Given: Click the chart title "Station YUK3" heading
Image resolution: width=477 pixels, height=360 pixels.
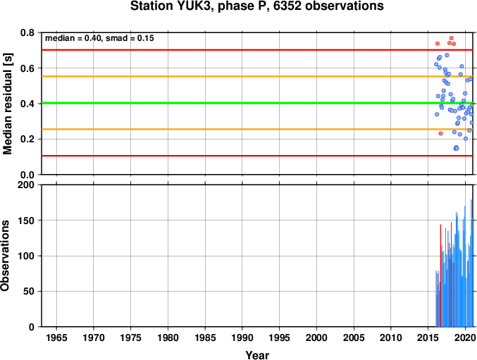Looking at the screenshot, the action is click(x=173, y=6).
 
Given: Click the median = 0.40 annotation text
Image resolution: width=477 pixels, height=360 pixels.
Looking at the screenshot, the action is click(x=73, y=38).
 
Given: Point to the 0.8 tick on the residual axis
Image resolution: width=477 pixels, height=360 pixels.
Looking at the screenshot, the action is click(x=27, y=32).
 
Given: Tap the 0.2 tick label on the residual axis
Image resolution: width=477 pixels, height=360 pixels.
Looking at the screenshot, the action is click(x=27, y=139).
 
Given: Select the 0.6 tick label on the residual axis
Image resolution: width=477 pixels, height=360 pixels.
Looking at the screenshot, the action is click(x=27, y=68).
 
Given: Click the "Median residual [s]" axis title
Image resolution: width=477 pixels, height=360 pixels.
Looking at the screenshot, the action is click(x=7, y=104).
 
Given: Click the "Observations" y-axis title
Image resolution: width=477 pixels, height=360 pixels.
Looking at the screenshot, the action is click(x=5, y=256).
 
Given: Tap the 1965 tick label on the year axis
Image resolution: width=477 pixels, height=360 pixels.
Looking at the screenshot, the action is click(x=56, y=337).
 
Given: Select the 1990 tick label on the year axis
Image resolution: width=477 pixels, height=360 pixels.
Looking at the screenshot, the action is click(x=242, y=337).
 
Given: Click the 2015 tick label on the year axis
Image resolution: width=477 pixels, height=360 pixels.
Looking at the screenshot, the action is click(x=428, y=337).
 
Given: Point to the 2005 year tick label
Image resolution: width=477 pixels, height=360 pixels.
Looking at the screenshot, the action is click(x=354, y=337).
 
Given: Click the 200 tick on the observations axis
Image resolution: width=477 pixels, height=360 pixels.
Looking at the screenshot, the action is click(x=26, y=185).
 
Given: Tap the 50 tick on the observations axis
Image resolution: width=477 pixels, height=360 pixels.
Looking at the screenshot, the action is click(x=29, y=291).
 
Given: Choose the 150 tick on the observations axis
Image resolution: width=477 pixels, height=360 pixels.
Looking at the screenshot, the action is click(x=26, y=221).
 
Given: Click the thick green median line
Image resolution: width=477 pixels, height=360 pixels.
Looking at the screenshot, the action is click(x=257, y=103).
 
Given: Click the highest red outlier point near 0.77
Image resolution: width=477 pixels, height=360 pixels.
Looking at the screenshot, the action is click(x=451, y=38).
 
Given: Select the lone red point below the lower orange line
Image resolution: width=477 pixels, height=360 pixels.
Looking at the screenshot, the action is click(x=440, y=133).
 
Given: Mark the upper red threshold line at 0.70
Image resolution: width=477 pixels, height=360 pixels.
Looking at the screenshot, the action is click(x=257, y=50).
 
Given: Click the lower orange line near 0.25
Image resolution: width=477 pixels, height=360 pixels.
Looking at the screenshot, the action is click(x=257, y=129).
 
